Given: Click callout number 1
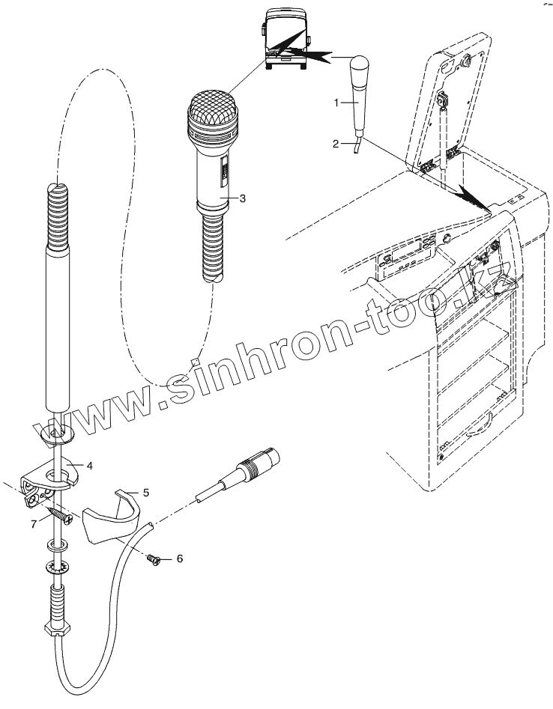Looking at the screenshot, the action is point(336,101).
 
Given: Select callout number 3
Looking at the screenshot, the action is point(242,198).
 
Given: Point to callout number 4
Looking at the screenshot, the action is point(89,466).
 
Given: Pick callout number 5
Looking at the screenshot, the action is point(146,492).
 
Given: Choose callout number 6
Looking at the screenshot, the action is point(179,559).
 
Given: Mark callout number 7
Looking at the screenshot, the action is point(33,523).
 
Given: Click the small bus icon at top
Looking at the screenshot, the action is point(285,37).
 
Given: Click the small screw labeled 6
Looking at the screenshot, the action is point(155,558).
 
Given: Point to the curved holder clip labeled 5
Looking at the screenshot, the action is point(112,521).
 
